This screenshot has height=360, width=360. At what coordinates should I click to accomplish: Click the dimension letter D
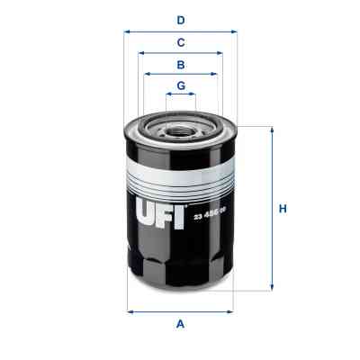(x=180, y=19)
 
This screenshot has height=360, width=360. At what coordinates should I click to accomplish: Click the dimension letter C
(x=180, y=42)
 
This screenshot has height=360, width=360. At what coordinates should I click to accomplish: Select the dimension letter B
(x=180, y=65)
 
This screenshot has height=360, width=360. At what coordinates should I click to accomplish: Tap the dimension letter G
(x=180, y=85)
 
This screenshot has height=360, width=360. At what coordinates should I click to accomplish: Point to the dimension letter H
(x=283, y=210)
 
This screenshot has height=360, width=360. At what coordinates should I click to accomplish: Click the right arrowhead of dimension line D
(x=235, y=31)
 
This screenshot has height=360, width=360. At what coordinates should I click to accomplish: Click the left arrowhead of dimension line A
(x=129, y=311)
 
